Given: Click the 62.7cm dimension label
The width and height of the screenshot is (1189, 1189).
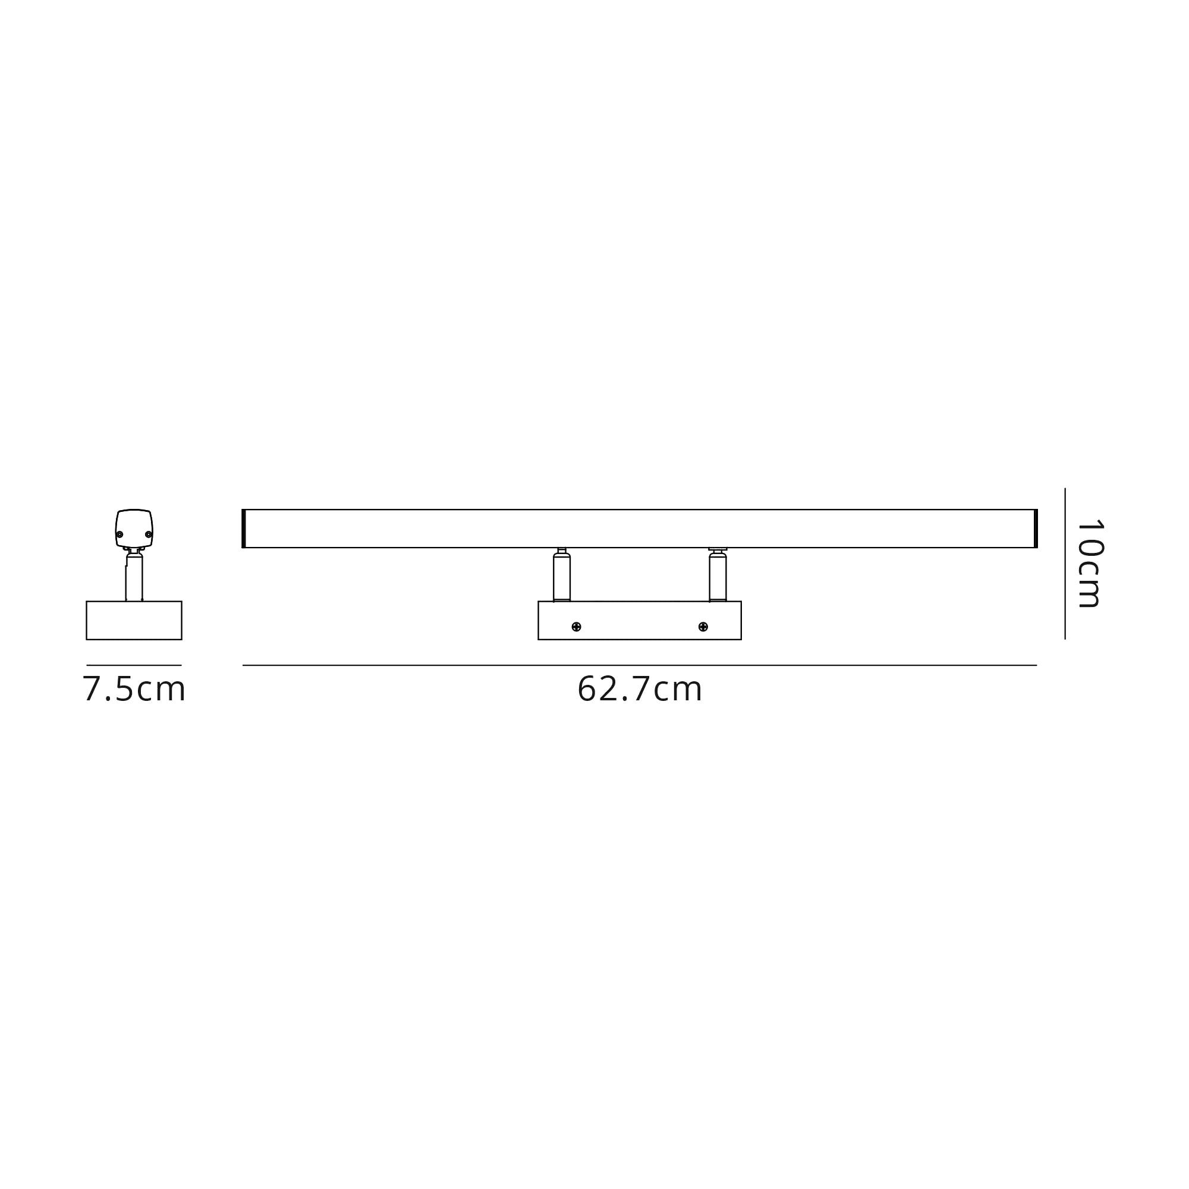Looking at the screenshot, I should point(640,689).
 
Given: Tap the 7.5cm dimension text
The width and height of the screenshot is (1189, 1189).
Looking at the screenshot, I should point(134,689).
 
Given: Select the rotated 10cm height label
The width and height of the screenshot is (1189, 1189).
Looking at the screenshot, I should point(1090,564).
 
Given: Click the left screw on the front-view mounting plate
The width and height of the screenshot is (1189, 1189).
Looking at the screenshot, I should point(576,627).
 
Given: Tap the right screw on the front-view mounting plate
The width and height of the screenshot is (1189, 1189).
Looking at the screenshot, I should point(703,627).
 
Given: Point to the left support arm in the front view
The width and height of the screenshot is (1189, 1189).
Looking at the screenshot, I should point(561,577).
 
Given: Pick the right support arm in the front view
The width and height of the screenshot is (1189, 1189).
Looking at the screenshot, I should point(718,577).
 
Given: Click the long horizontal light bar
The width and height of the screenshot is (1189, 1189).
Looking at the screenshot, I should point(640,528).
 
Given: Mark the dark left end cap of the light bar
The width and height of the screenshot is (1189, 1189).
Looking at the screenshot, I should point(244,528).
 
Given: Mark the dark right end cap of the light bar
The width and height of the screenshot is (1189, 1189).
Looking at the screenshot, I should point(1036,528).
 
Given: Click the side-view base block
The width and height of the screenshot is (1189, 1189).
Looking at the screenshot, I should point(134,620).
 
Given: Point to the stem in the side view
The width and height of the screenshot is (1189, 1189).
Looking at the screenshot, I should point(134,578).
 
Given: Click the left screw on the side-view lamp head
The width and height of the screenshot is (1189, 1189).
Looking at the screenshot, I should point(120,534).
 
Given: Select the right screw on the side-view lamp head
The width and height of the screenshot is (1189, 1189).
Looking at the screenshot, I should point(148,534).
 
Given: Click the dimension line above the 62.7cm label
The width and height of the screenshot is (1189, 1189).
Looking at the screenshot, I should point(640,665).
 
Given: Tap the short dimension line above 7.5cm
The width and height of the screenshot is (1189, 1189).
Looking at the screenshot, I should point(134,665).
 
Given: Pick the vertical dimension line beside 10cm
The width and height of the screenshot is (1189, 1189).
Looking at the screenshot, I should point(1065,564).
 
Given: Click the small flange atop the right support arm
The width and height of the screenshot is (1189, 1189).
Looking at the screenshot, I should point(718,549).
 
